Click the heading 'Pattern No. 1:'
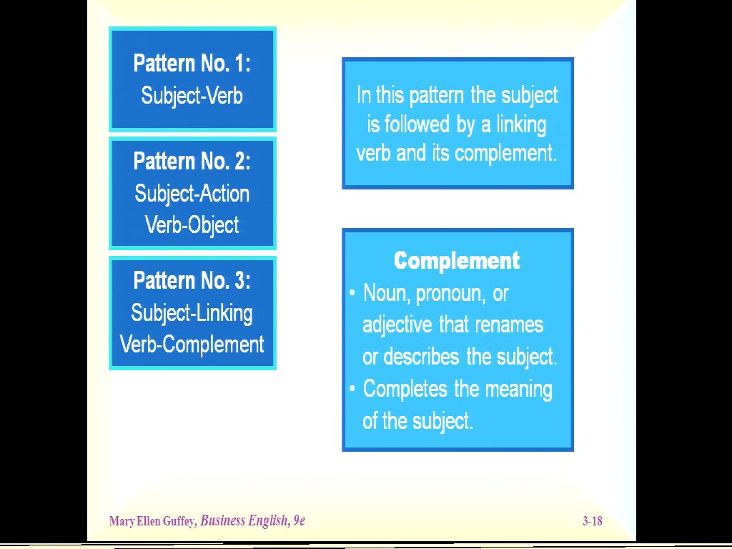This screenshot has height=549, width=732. click(192, 64)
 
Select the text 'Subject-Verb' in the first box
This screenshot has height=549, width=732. click(192, 96)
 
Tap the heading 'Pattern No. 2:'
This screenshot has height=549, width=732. click(192, 162)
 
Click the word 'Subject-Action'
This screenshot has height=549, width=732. click(192, 194)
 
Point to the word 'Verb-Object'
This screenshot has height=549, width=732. click(192, 225)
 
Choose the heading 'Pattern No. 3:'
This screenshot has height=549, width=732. click(192, 280)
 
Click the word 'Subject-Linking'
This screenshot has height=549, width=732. click(192, 313)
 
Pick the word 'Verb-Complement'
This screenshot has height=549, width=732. click(192, 345)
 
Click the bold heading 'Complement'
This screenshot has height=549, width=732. click(457, 261)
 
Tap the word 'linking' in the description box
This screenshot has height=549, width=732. click(521, 125)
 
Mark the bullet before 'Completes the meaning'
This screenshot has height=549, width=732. click(352, 389)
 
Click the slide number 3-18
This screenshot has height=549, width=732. click(592, 521)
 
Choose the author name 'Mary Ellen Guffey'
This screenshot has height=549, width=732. click(152, 521)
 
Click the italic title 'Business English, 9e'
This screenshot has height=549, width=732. click(252, 521)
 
